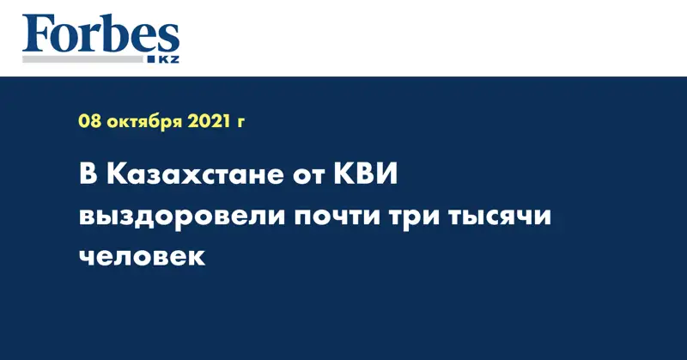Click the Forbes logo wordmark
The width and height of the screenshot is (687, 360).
pos(100,34)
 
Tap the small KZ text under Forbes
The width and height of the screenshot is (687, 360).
pos(168,59)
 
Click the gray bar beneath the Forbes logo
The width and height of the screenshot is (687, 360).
pos(82,59)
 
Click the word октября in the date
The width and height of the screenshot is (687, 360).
pos(144,122)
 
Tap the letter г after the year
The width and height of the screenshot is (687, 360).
pos(240,123)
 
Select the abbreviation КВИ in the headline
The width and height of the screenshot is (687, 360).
pos(366,174)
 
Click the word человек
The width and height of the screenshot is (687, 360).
pos(142,257)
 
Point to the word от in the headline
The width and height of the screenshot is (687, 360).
pos(308,177)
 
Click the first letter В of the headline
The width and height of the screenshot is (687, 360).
pos(88,174)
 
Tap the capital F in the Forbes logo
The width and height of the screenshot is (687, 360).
pos(37,34)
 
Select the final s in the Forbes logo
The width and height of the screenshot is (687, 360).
pos(168,40)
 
